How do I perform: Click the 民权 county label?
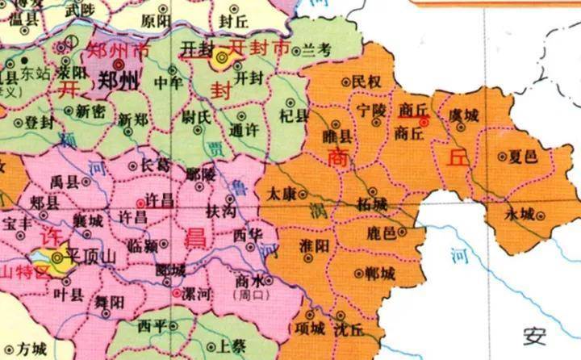tap(366, 82)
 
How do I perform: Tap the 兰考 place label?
tap(317, 50)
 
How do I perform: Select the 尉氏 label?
tap(196, 118)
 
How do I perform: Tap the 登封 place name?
tap(40, 122)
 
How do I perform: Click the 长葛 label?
tap(154, 164)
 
